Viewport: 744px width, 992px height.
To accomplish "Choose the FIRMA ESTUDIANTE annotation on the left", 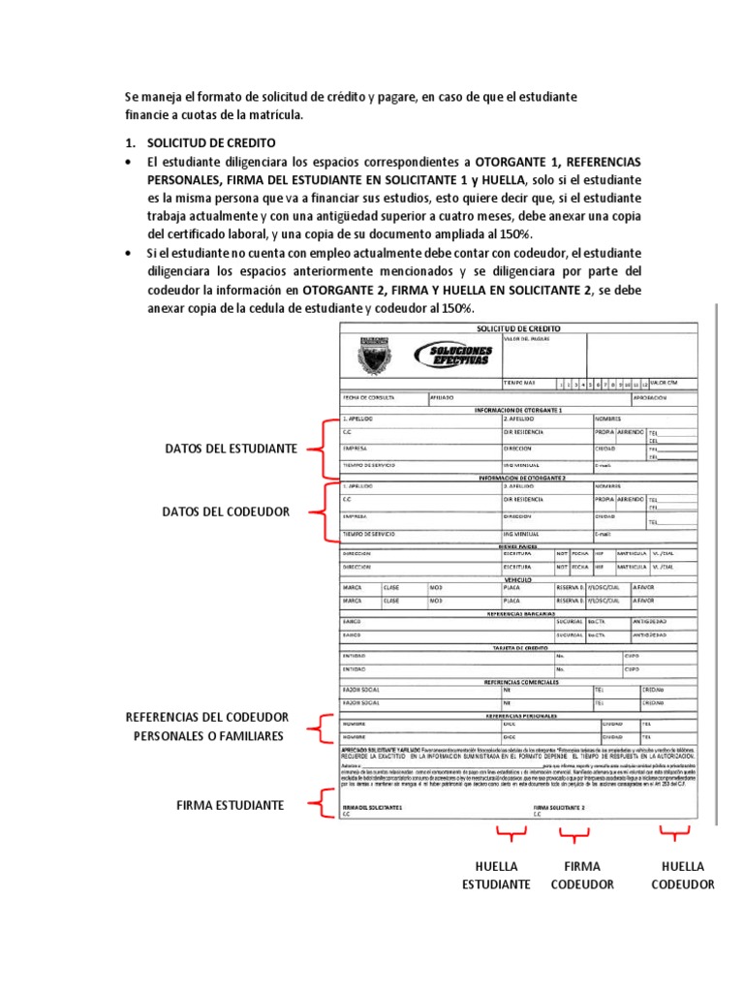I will coord(230,805).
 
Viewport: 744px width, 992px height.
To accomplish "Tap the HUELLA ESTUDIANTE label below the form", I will coord(497,875).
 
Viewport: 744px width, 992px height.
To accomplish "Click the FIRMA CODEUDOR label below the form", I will coord(581,875).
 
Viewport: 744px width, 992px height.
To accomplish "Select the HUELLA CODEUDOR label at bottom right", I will coord(683,875).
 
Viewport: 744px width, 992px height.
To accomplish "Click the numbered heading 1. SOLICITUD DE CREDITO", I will coord(201,142).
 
